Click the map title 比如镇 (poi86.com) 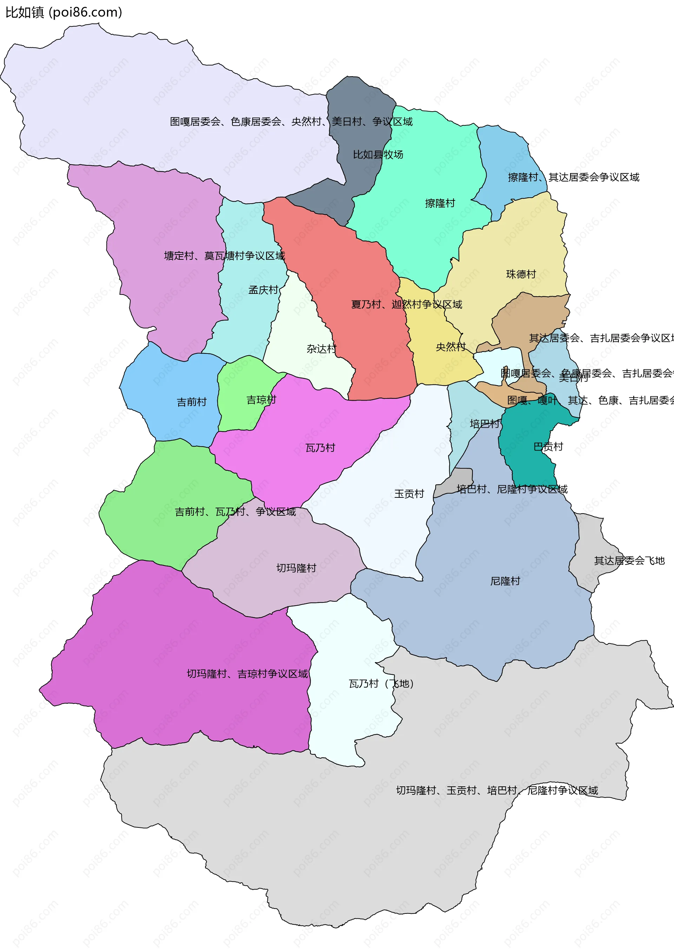point(64,12)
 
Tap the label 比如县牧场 point(378,155)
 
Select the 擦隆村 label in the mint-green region point(440,203)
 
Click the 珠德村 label point(521,274)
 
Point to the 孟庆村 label point(263,290)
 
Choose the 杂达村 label point(321,349)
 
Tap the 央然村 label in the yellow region point(450,346)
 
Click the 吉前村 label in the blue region point(191,402)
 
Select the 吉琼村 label point(261,399)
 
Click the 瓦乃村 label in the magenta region point(320,448)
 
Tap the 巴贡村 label point(548,447)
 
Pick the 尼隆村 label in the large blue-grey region point(505,581)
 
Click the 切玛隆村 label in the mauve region point(296,568)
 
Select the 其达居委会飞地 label point(629,561)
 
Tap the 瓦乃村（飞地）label point(381,683)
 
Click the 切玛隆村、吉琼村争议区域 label point(247,673)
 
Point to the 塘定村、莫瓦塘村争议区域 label point(224,256)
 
